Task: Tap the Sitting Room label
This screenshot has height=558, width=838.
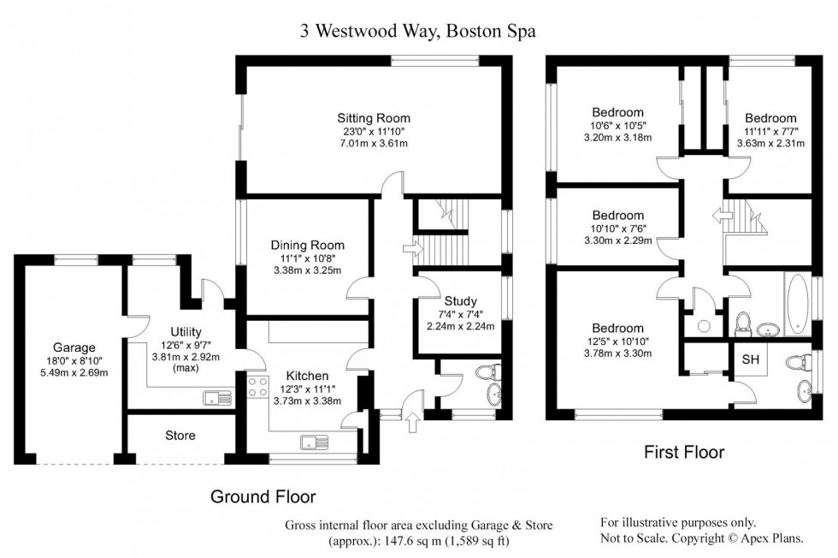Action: [374, 118]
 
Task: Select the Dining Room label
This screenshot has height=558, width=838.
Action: [307, 245]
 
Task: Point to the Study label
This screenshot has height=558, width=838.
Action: [460, 300]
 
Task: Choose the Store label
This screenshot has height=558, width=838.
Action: [180, 436]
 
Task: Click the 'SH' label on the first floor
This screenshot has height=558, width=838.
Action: [750, 359]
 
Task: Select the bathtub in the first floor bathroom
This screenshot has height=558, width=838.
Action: [796, 305]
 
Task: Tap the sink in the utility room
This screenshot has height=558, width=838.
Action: [215, 396]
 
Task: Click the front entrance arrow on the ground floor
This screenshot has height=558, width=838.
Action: [416, 420]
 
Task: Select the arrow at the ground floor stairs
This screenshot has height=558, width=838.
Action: [418, 250]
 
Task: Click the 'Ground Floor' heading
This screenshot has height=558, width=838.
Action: [263, 496]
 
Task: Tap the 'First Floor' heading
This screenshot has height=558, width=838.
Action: [683, 452]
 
